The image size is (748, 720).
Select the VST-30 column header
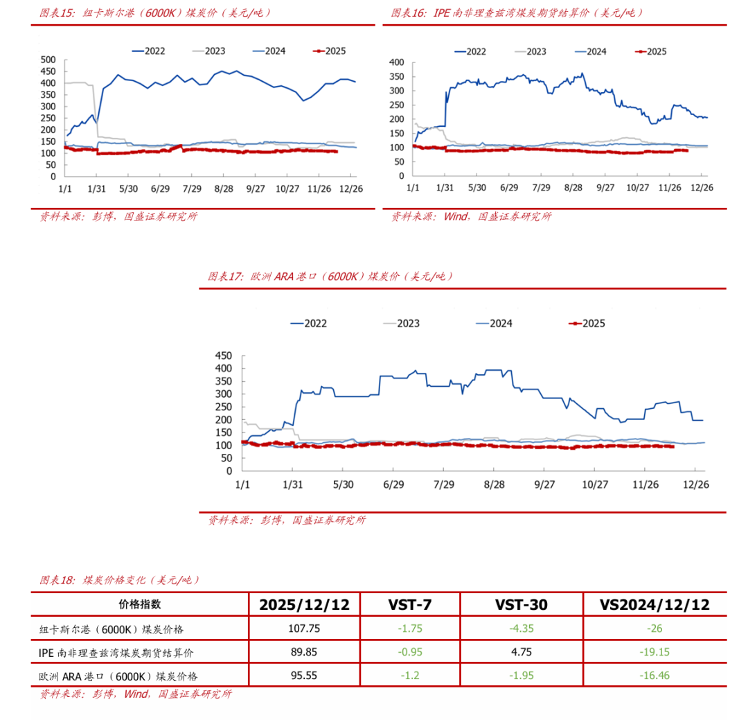pos(521,604)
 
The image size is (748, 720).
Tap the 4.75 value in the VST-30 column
pos(521,652)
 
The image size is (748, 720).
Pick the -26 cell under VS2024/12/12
pos(654,629)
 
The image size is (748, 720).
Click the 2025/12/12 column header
pos(305,604)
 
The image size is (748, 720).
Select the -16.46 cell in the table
pos(654,675)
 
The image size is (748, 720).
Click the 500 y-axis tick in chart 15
pos(48,60)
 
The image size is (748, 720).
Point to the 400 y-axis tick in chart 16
pos(396,62)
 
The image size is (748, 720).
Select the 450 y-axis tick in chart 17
pos(223,355)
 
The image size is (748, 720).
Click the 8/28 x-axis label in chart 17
pos(495,484)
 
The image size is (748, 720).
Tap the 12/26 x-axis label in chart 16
pos(703,188)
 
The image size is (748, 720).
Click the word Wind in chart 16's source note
pos(455,216)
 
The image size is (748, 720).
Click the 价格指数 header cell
pos(140,604)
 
